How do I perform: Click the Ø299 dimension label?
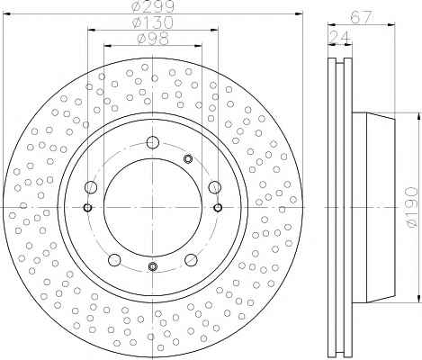click(153, 6)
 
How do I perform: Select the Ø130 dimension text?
click(153, 22)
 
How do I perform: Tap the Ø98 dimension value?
click(153, 39)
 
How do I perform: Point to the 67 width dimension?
click(362, 17)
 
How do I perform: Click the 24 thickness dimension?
click(340, 37)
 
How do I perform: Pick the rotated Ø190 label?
click(411, 207)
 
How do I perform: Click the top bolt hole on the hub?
click(153, 142)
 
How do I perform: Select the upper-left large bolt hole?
click(91, 187)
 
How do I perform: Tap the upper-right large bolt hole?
click(215, 187)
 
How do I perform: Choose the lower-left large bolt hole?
click(114, 260)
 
